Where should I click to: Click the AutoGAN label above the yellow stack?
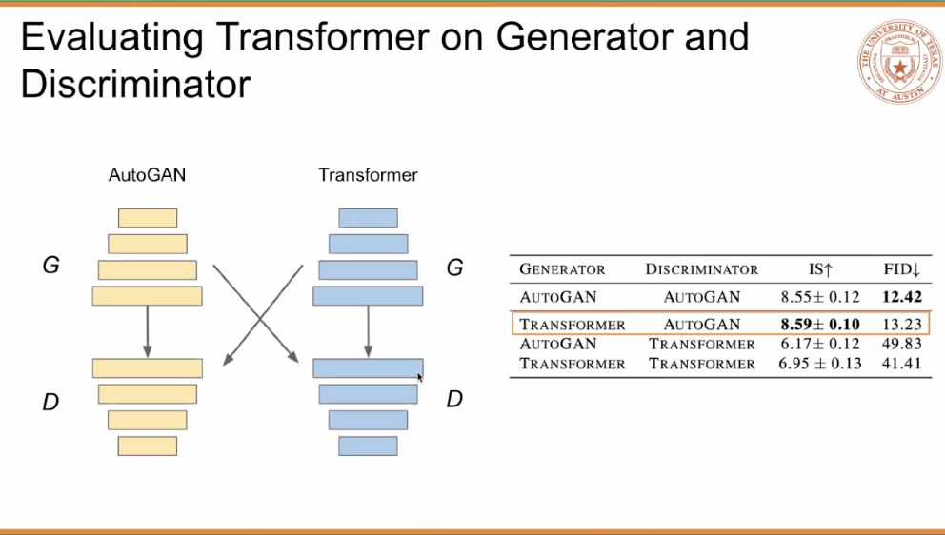(148, 175)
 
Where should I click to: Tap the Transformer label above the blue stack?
(368, 175)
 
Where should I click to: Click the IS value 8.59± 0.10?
(820, 325)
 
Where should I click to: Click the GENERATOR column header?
(562, 269)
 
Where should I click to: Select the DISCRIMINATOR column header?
(701, 269)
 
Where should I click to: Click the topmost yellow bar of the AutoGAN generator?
(148, 218)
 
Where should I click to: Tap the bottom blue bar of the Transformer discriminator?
(368, 446)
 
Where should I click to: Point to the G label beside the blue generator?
(455, 267)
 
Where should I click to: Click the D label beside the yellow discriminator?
(50, 402)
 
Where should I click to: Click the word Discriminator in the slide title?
(135, 84)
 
